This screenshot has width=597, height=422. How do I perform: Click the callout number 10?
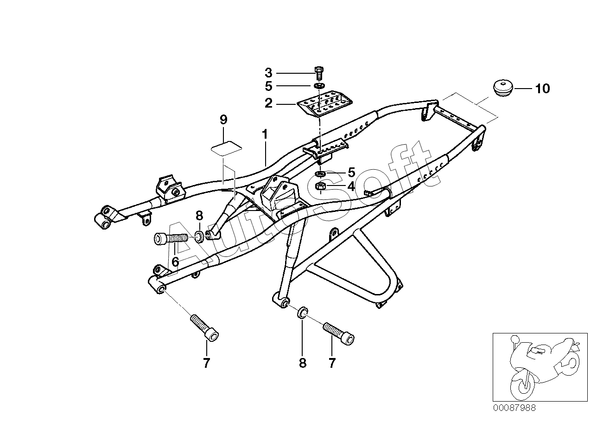(542, 89)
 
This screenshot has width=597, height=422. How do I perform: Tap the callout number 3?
(269, 73)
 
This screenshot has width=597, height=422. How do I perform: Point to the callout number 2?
(269, 103)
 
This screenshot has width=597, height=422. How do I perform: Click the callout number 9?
(223, 120)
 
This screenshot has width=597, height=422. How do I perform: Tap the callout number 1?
(265, 134)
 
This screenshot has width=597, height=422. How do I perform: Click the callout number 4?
(351, 186)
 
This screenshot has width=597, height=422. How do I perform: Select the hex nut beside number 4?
(320, 186)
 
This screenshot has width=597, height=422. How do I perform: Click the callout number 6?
(175, 262)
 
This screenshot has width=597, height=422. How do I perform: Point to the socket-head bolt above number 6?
(170, 239)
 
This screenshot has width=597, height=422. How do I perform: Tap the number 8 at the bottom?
(303, 363)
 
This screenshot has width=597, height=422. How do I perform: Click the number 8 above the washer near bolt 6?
(199, 215)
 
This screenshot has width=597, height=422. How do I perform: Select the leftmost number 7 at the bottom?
(206, 363)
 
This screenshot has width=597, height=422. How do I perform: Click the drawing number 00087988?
(514, 408)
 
